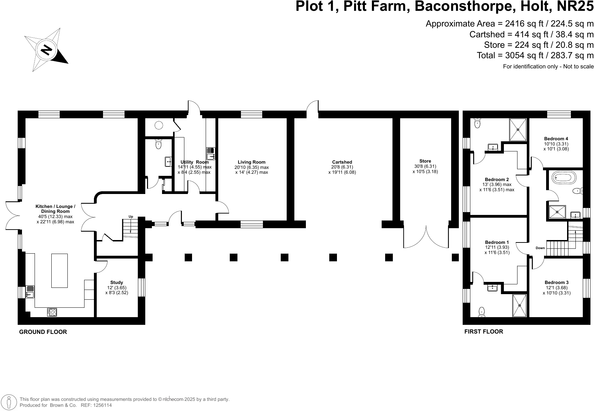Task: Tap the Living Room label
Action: click(251, 162)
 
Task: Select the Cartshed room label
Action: click(342, 162)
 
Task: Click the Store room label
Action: click(425, 161)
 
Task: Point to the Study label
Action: click(117, 283)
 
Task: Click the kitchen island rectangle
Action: click(59, 271)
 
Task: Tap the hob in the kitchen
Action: click(52, 312)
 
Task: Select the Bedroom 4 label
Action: click(556, 139)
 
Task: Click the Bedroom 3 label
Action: click(557, 283)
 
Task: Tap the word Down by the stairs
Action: click(540, 248)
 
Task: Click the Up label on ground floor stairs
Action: click(131, 217)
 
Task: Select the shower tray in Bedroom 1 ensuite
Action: click(519, 306)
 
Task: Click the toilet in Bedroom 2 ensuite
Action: click(478, 123)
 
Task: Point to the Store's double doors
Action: click(426, 237)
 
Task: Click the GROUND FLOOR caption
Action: click(43, 332)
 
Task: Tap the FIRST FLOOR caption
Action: click(483, 332)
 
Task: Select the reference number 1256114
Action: click(101, 405)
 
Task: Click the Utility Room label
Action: click(194, 162)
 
